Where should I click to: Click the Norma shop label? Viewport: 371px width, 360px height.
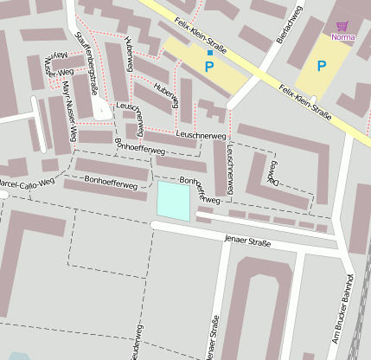342,37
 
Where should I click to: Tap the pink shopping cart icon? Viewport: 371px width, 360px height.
342,27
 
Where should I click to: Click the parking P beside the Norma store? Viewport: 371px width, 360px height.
322,66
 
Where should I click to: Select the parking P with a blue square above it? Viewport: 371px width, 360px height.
209,66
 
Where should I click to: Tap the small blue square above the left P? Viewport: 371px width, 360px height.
209,53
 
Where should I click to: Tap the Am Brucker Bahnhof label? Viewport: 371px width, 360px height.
339,308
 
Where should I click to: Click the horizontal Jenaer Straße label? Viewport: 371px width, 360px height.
246,241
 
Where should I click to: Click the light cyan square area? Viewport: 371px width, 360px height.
173,201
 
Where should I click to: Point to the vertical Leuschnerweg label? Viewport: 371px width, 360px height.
231,167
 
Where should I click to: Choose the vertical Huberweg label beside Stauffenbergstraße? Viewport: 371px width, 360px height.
129,53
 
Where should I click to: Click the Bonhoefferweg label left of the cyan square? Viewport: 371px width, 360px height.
112,183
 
